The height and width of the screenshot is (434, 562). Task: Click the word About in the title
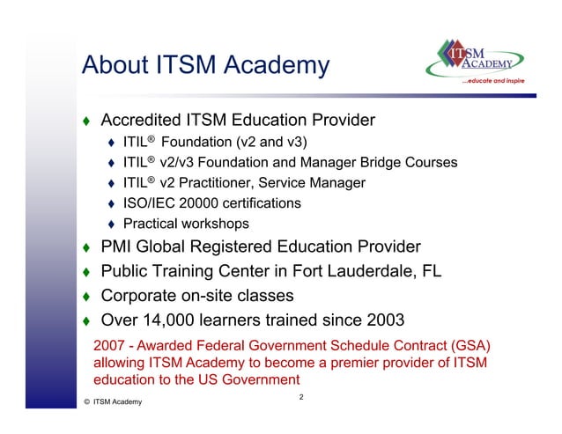tap(113, 65)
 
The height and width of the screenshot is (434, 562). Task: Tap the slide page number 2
tap(300, 398)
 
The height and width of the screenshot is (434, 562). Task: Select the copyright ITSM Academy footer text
tap(110, 402)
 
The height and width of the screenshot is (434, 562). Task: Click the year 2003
tap(380, 319)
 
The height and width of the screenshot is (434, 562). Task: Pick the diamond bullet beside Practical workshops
tap(112, 224)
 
